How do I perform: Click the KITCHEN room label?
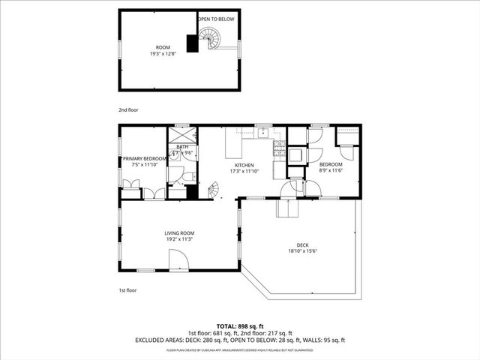[x=244, y=165]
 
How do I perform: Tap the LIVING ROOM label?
[x=180, y=233]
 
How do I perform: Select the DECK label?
[x=303, y=244]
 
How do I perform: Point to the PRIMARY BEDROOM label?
[x=144, y=159]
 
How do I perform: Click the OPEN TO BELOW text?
[x=216, y=18]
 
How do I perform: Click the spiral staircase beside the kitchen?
[x=212, y=192]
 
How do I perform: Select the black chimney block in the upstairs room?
[x=193, y=44]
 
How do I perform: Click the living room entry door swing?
[x=178, y=261]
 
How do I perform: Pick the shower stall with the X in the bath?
[x=182, y=136]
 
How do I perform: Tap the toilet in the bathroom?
[x=188, y=177]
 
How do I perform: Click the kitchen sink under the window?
[x=262, y=133]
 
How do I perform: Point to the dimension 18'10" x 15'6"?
[x=303, y=251]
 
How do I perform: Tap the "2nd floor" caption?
[x=128, y=109]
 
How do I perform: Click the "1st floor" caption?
[x=128, y=289]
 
